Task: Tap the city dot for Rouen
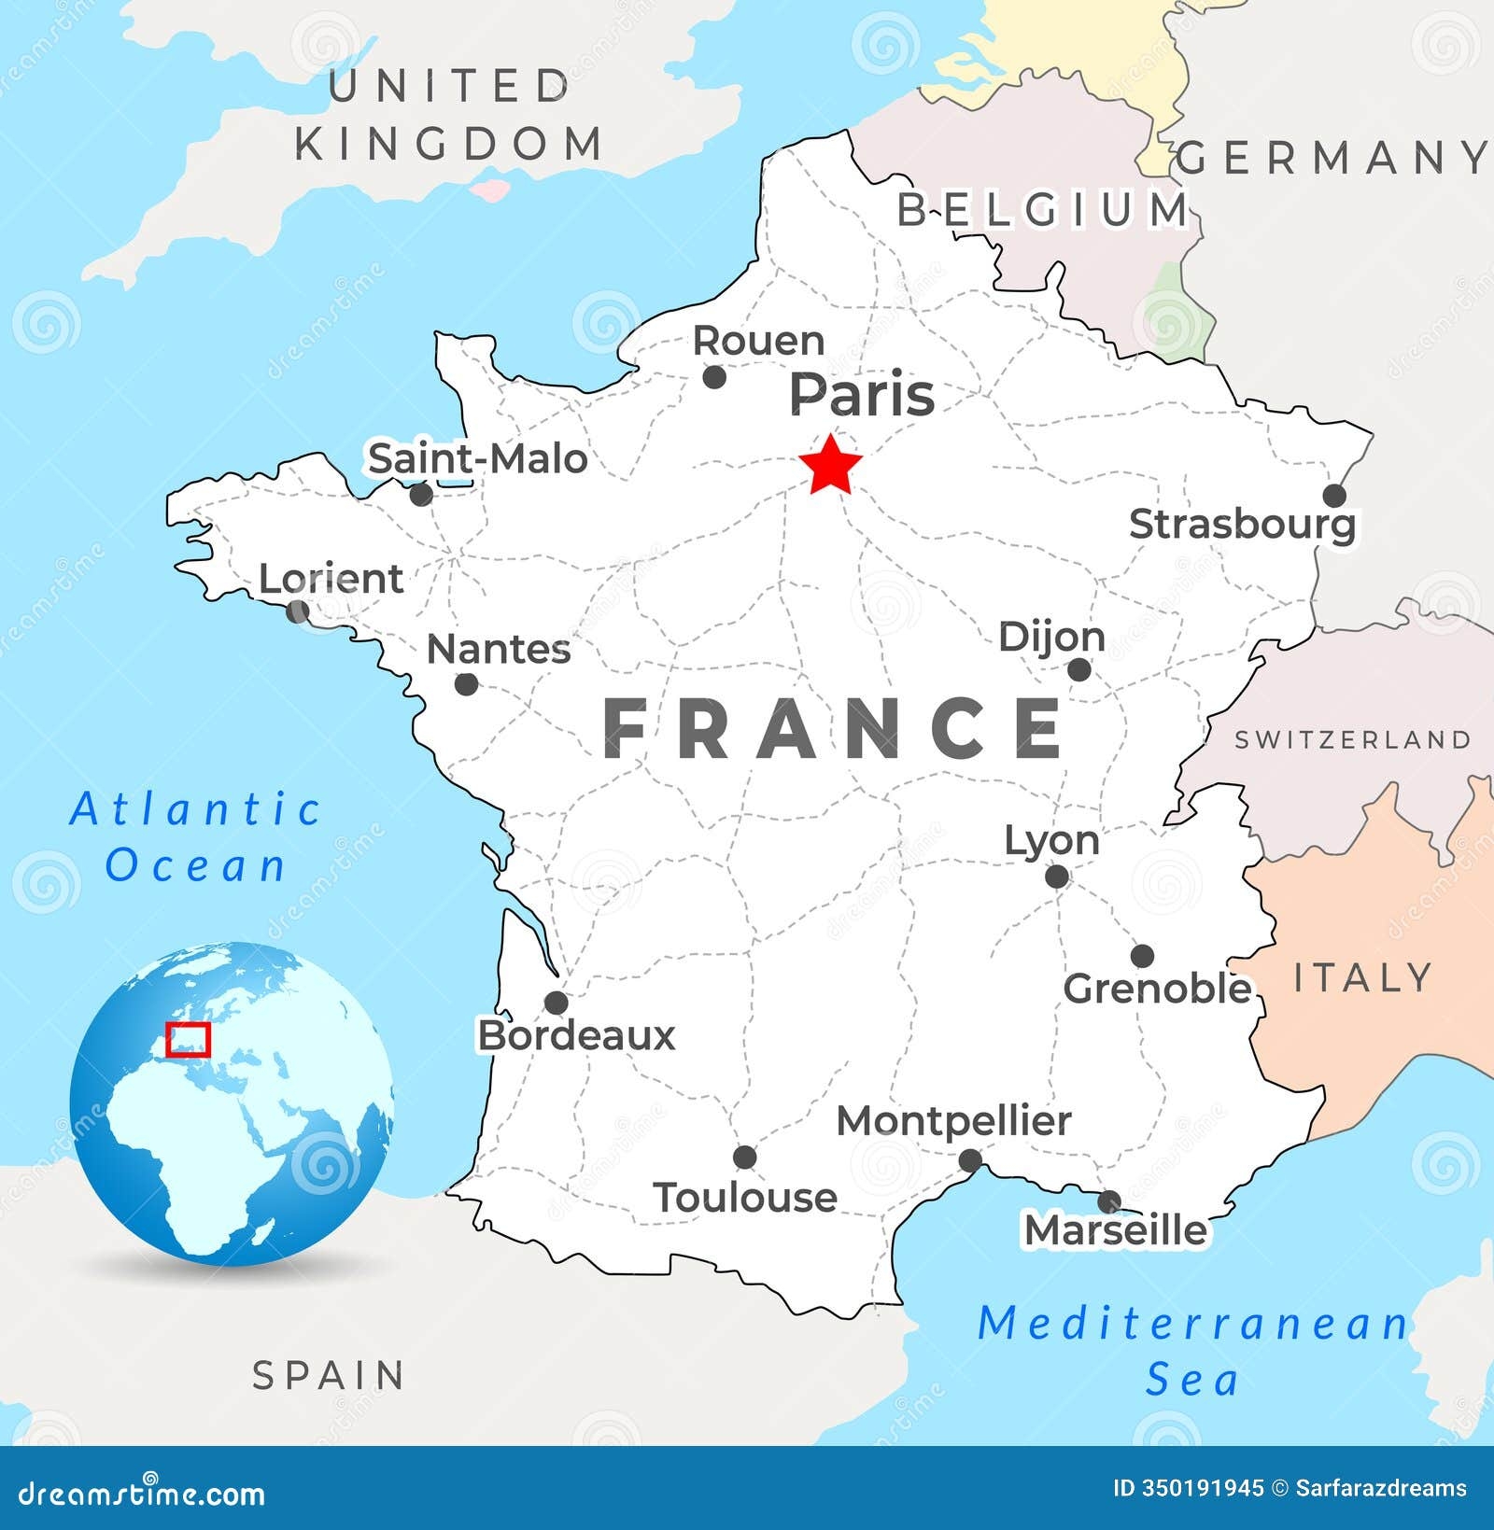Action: [714, 377]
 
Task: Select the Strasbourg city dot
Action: [1334, 496]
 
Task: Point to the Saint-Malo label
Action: [477, 458]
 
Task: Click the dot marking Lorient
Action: [298, 611]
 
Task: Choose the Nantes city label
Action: [499, 649]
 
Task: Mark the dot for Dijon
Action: [1078, 669]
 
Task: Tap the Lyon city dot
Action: [1057, 877]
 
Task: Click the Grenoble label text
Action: [1157, 989]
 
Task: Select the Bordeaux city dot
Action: [557, 1003]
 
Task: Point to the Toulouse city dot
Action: [744, 1158]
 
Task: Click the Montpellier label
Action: [953, 1121]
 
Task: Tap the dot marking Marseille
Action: [1109, 1200]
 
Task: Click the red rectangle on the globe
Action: [189, 1039]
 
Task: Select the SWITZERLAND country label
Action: [1353, 740]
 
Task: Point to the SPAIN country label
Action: [330, 1375]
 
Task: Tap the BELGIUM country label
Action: [1043, 209]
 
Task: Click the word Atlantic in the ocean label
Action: [196, 809]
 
